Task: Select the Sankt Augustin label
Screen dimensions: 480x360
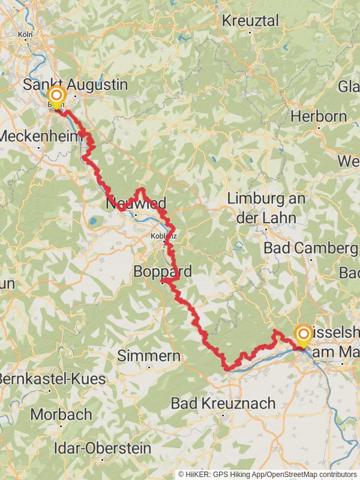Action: click(76, 85)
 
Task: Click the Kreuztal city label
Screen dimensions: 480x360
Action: click(251, 20)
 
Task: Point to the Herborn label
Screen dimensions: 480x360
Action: click(319, 116)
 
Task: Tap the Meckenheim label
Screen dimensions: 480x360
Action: click(41, 136)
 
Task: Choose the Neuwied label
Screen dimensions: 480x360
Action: click(136, 202)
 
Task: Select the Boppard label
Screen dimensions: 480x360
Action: click(163, 272)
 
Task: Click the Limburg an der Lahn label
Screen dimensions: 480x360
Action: click(266, 208)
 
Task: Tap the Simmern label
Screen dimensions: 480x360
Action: click(148, 356)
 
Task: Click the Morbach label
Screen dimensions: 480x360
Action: click(61, 414)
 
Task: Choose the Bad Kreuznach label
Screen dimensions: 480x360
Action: click(223, 403)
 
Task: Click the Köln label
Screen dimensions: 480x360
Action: click(25, 35)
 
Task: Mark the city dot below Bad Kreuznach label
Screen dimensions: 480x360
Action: click(223, 415)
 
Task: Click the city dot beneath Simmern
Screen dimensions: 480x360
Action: click(148, 367)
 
